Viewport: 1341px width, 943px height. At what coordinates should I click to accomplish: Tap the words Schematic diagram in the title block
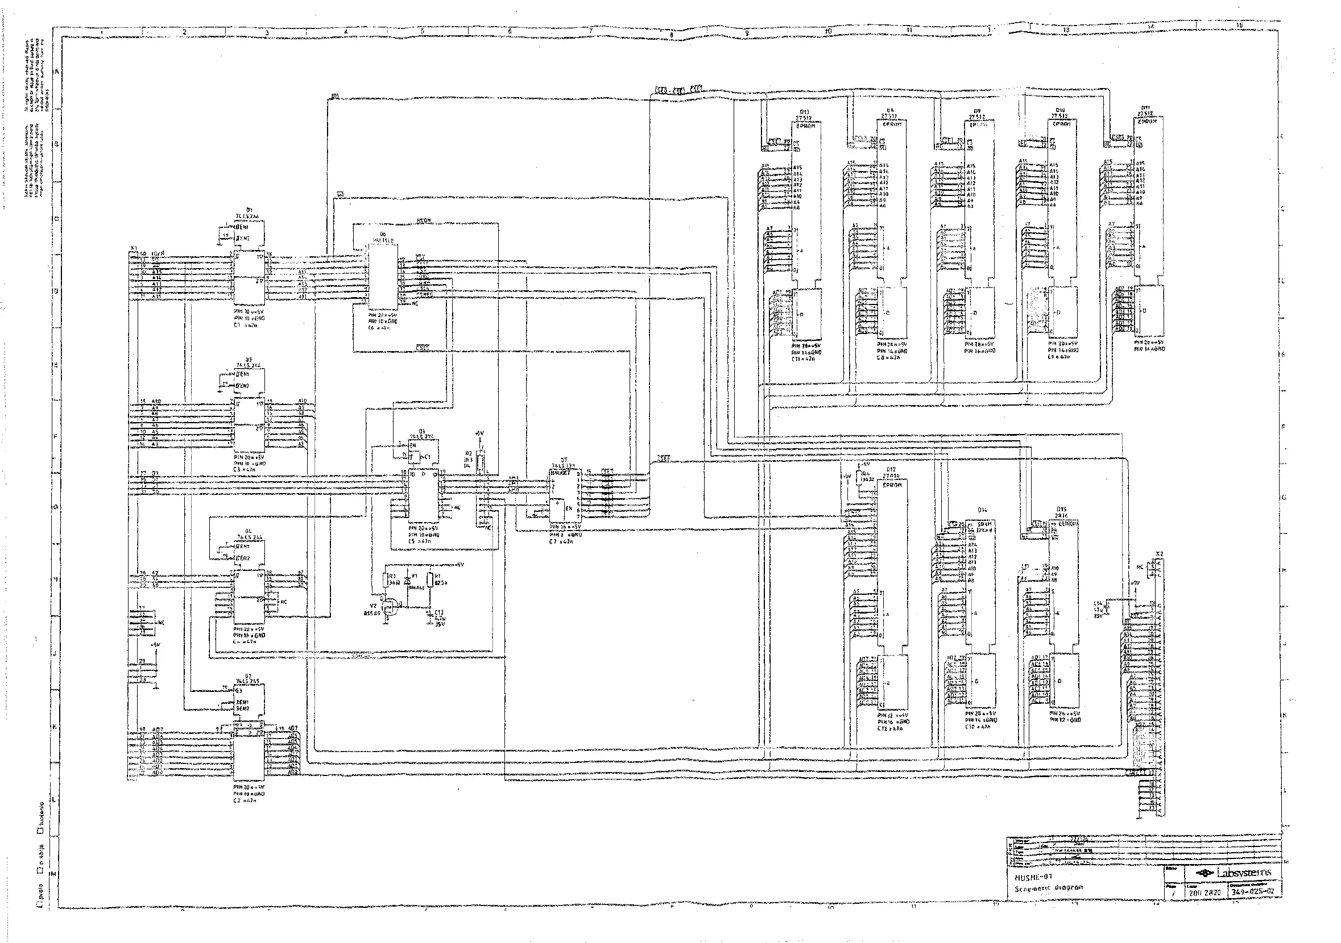coord(1048,887)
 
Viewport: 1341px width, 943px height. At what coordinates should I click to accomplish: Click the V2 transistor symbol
coord(391,608)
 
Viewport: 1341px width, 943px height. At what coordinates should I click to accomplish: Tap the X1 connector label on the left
coord(134,248)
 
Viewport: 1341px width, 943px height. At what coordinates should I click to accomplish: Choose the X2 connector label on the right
coord(1159,554)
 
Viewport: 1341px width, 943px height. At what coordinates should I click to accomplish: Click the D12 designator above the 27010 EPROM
coord(891,469)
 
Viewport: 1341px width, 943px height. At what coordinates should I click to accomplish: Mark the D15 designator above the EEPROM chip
coord(1061,510)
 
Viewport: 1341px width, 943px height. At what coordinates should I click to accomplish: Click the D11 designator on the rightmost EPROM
coord(1145,107)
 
